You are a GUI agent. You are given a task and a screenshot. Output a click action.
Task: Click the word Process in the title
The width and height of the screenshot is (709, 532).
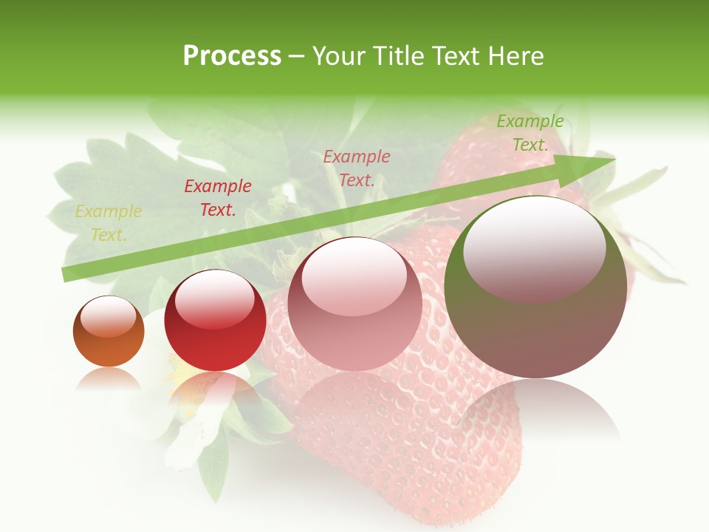pyautogui.click(x=232, y=56)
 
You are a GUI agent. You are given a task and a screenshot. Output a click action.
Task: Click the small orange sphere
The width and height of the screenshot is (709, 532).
pyautogui.click(x=109, y=332)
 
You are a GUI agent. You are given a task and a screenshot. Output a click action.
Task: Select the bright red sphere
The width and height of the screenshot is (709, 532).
pyautogui.click(x=215, y=322)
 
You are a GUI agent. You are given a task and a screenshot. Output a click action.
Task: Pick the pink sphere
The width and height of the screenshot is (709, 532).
pyautogui.click(x=354, y=304)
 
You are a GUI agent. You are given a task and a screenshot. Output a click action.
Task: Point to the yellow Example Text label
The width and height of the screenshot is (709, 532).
pyautogui.click(x=109, y=222)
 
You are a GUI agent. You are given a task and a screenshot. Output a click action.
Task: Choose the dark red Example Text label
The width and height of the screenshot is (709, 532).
pyautogui.click(x=218, y=197)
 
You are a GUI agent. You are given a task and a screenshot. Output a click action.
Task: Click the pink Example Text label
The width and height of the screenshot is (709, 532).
pyautogui.click(x=357, y=168)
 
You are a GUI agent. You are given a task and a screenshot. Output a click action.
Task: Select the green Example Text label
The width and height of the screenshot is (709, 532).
pyautogui.click(x=530, y=133)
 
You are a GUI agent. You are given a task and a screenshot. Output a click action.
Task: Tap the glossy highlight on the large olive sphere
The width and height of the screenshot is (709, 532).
pyautogui.click(x=534, y=248)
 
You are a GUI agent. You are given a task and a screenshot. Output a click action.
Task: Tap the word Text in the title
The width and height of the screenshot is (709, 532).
pyautogui.click(x=456, y=56)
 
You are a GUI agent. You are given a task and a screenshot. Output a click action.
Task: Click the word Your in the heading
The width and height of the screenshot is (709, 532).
pyautogui.click(x=339, y=56)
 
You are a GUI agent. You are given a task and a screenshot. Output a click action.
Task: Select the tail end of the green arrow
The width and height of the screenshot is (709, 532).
pyautogui.click(x=68, y=274)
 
